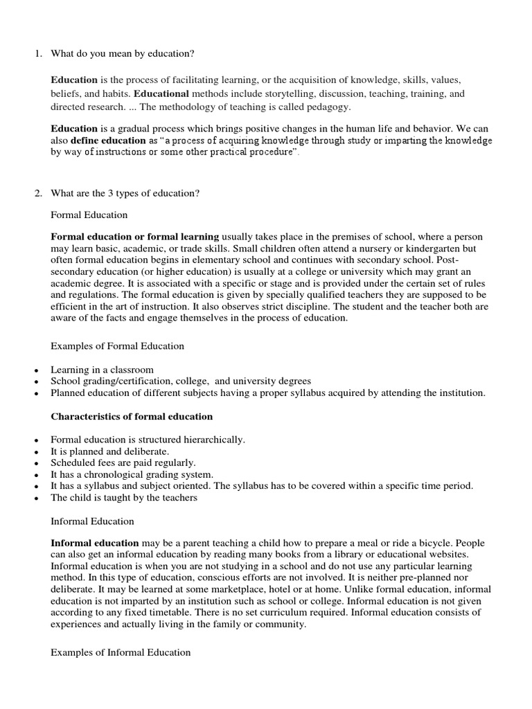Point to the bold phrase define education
[107, 141]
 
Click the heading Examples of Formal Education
[118, 345]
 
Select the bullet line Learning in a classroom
[102, 370]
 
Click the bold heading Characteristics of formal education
[132, 416]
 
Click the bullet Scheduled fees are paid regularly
[123, 463]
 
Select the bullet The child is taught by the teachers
[124, 497]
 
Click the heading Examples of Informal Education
[121, 652]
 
